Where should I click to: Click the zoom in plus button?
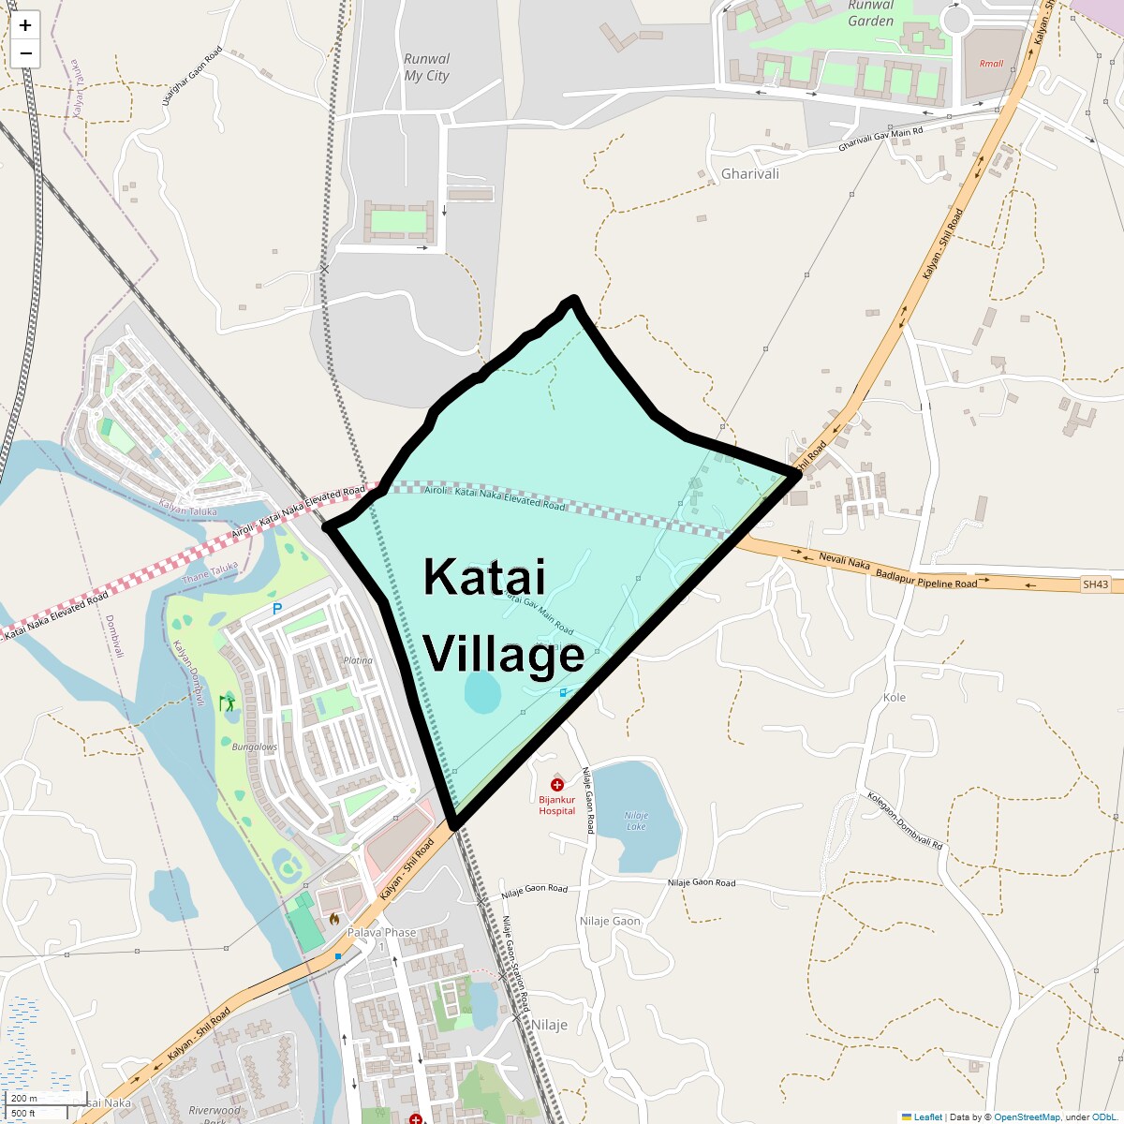pos(25,25)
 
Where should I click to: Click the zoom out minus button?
pos(25,53)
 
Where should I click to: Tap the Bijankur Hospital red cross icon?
pos(557,785)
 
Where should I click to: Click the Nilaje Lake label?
pos(636,821)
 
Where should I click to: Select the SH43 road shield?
pos(1095,584)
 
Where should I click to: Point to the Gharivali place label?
pos(749,173)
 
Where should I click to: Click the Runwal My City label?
pos(426,67)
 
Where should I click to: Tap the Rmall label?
pos(991,64)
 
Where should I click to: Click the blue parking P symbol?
pos(276,609)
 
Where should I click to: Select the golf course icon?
pos(227,702)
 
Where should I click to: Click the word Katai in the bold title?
pos(483,577)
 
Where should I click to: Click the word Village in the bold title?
pos(504,654)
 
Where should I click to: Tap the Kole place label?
pos(895,697)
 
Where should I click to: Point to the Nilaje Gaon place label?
pos(610,921)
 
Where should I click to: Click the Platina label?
pos(358,660)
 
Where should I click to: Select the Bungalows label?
pos(255,747)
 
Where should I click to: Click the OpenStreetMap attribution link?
pos(1027,1117)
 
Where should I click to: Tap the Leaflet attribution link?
pos(927,1117)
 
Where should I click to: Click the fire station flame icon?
pos(334,919)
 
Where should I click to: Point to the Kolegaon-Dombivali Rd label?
pos(904,821)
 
